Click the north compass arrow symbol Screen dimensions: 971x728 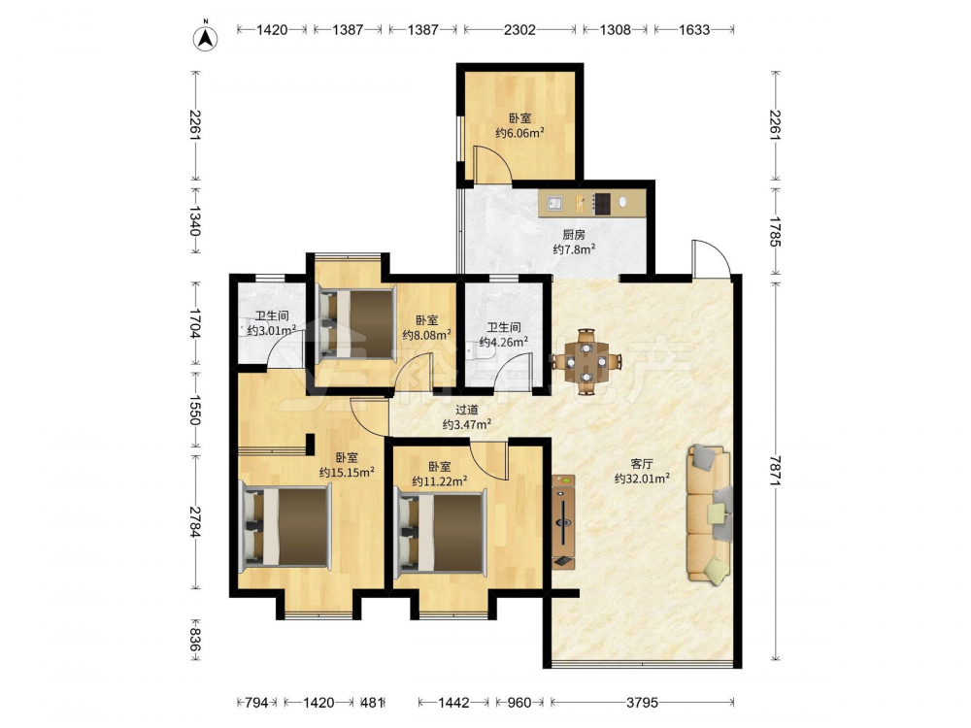[x=206, y=38]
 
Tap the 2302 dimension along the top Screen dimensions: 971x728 [x=519, y=29]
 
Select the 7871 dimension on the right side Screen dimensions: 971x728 [x=775, y=471]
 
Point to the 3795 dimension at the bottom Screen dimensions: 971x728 [x=642, y=702]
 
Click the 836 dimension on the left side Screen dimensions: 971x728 [x=194, y=640]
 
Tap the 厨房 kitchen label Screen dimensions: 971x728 [x=574, y=235]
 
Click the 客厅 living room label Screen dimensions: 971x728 [x=642, y=464]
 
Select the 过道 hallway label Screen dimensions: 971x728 [x=467, y=410]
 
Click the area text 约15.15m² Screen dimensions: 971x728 [x=347, y=473]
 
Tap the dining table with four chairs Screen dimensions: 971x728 [x=586, y=361]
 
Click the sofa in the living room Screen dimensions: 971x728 [x=709, y=513]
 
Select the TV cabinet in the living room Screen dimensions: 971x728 [x=563, y=522]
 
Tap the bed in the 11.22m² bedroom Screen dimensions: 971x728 [x=441, y=532]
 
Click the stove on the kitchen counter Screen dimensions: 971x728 [x=601, y=203]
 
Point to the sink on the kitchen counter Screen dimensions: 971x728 [x=554, y=203]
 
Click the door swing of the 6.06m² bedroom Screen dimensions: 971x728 [x=492, y=163]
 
